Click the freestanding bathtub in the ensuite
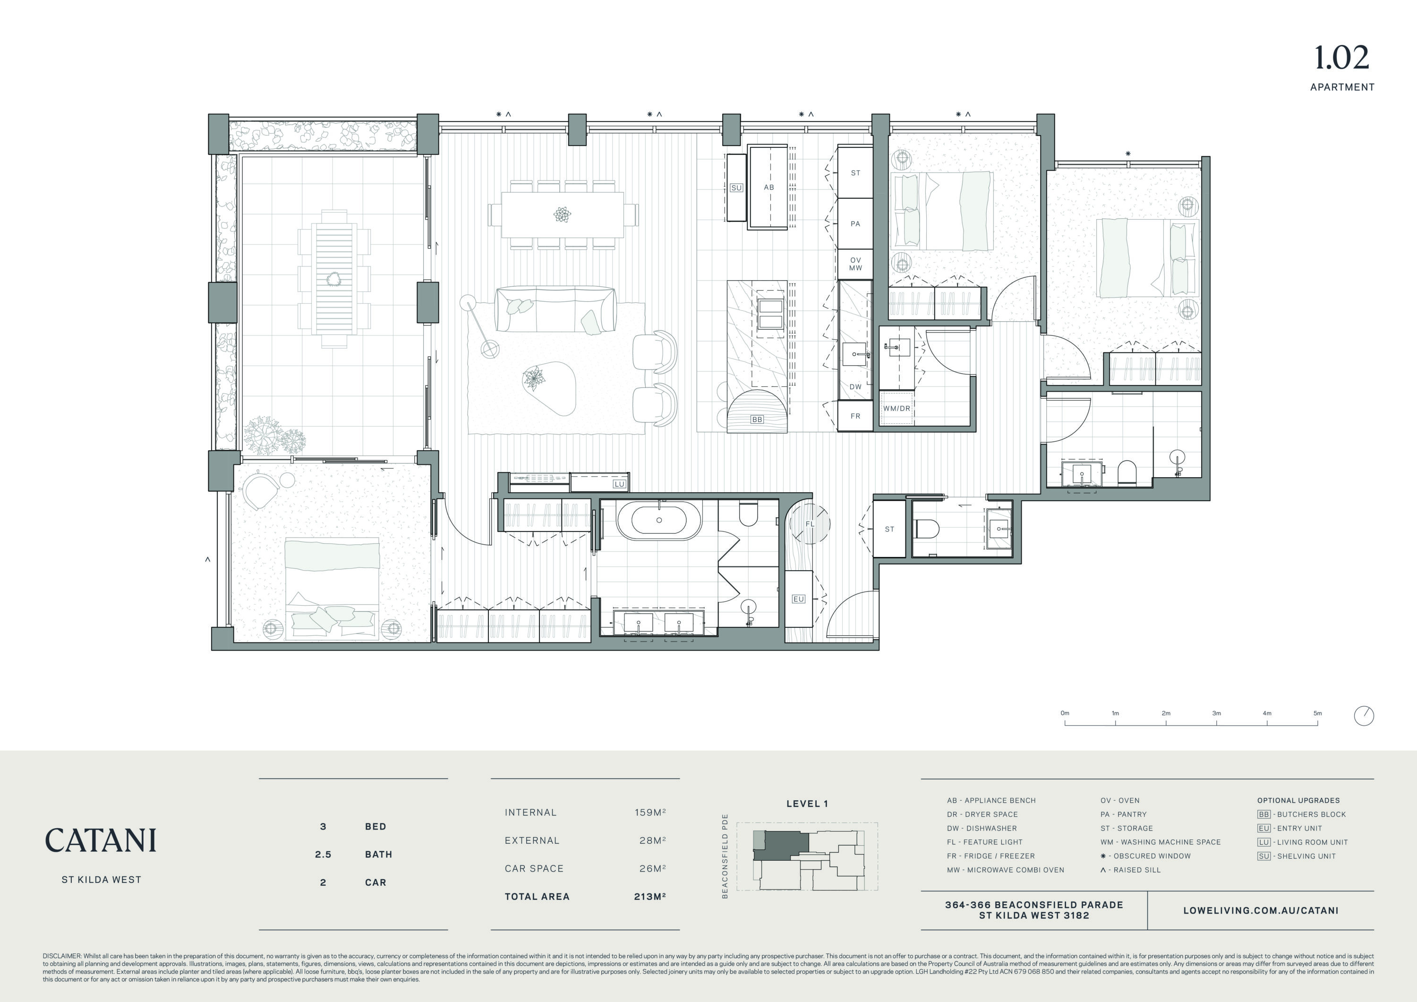(x=658, y=520)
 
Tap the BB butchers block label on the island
(x=757, y=419)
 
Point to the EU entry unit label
(x=798, y=599)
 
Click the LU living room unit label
(x=619, y=484)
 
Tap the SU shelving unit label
(x=735, y=188)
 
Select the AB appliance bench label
(x=768, y=187)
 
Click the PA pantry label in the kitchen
(x=855, y=223)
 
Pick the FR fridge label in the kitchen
(x=855, y=416)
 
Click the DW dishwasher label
(x=855, y=386)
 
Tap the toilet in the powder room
(x=927, y=529)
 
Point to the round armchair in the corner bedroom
(x=260, y=489)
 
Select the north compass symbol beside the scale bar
(x=1364, y=716)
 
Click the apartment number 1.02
(x=1341, y=58)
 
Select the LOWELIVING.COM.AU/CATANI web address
(x=1261, y=910)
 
